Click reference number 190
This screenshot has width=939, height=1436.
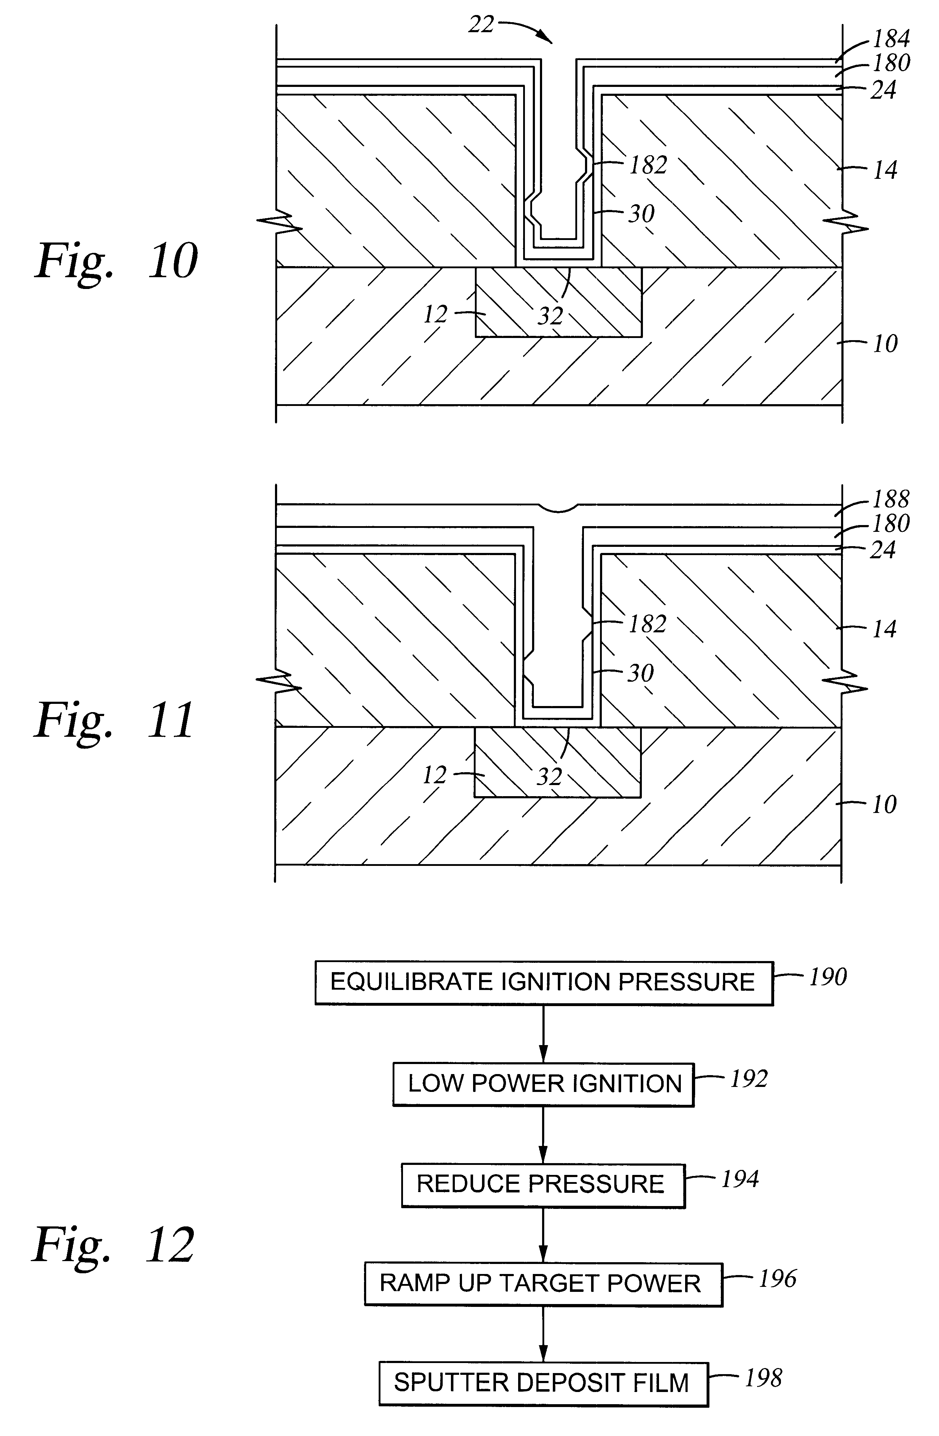coord(827,977)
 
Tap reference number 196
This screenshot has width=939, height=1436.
coord(777,1279)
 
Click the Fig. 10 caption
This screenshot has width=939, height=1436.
coord(116,261)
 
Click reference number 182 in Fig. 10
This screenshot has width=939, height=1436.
coord(648,165)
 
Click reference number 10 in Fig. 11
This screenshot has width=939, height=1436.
coord(885,804)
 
